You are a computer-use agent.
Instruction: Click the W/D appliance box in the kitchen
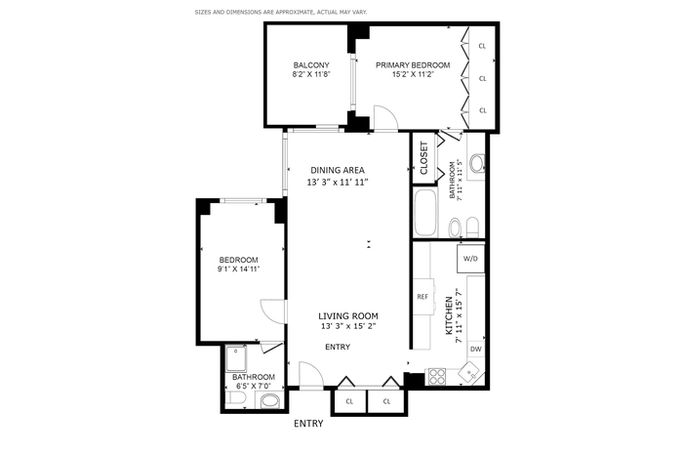tap(470, 259)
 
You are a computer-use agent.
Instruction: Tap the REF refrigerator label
tap(422, 297)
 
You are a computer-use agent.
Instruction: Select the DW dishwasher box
tap(476, 349)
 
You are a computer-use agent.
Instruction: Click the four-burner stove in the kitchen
tap(437, 377)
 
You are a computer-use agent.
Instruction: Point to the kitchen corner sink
tap(469, 373)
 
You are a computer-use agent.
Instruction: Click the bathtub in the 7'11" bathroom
tap(424, 212)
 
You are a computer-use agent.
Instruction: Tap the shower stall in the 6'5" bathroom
tap(236, 358)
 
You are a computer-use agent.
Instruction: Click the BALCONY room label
tap(311, 65)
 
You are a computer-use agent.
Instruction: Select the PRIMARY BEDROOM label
tap(413, 65)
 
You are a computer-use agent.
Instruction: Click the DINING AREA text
tap(338, 170)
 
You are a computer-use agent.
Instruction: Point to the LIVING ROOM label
tap(348, 316)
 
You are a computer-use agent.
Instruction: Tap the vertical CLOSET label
tap(423, 158)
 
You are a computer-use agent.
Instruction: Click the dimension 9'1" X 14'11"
tap(239, 269)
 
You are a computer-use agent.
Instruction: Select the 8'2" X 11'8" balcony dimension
tap(311, 74)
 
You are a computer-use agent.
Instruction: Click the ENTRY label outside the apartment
tap(308, 424)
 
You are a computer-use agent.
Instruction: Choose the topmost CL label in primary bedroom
tap(482, 46)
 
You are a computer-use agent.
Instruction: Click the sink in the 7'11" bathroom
tap(476, 163)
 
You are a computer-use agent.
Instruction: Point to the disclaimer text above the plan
tap(281, 12)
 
